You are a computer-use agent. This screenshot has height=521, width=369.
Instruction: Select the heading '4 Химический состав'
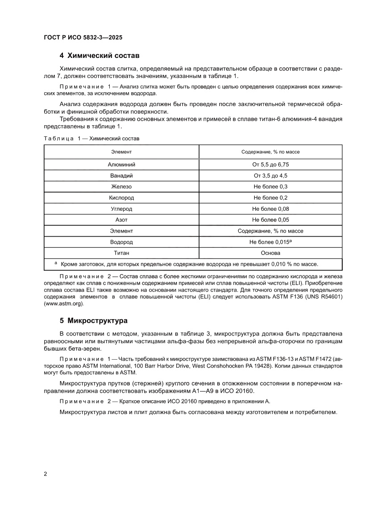(x=100, y=56)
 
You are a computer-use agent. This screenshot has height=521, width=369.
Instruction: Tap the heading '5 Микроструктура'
(x=94, y=320)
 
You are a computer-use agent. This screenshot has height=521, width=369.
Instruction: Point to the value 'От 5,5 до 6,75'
(x=270, y=164)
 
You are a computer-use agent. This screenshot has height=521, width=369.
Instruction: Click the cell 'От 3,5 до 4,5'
(x=270, y=176)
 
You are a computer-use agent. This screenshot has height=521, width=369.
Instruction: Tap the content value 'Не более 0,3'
(x=270, y=187)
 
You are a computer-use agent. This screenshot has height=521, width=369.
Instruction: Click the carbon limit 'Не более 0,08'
(x=270, y=209)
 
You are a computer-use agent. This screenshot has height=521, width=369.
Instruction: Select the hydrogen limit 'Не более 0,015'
(x=269, y=242)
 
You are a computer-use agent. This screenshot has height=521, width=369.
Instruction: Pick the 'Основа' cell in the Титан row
(x=270, y=253)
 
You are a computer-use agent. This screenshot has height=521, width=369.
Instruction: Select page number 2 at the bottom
(x=46, y=474)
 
